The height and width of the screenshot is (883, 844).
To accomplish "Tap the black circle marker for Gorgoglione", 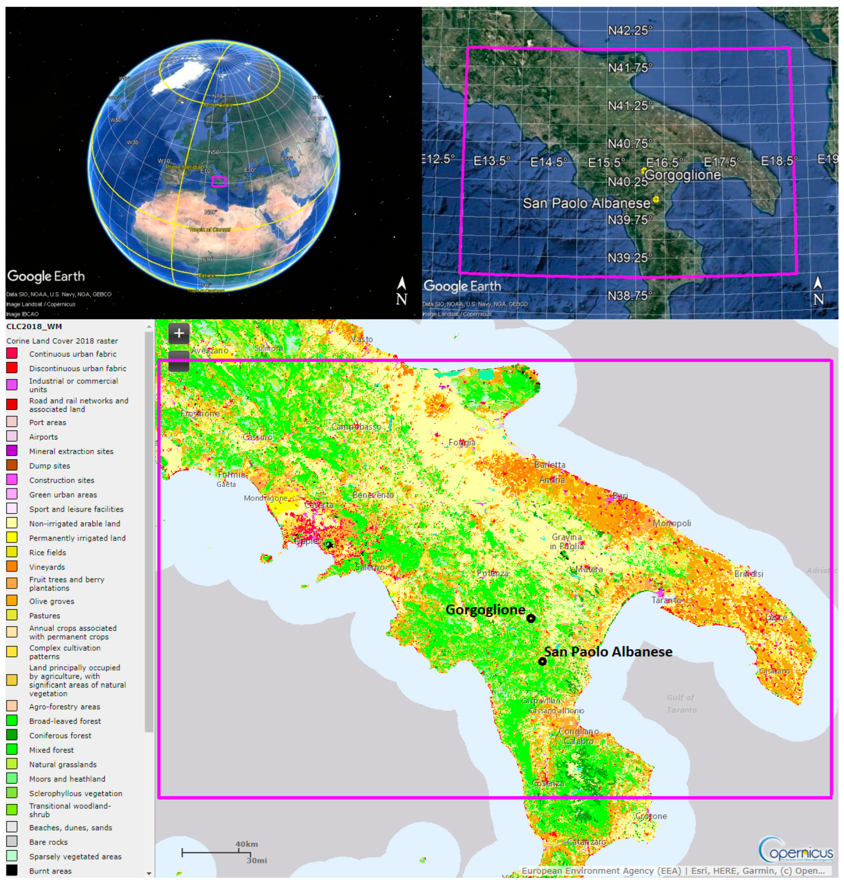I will pos(531,619).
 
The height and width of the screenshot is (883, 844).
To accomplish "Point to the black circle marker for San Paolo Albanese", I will pos(543,661).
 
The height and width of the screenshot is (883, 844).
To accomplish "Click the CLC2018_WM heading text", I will pos(34,326).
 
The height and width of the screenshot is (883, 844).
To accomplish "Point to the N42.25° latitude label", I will pos(630,31).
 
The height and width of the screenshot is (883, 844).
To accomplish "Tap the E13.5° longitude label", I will pos(492,161).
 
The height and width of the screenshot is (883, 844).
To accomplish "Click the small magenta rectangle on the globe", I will pos(219,181).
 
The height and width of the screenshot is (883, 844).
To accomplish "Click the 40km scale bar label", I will pos(247,844).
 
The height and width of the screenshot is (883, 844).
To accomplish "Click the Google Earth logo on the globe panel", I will pos(46,276).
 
